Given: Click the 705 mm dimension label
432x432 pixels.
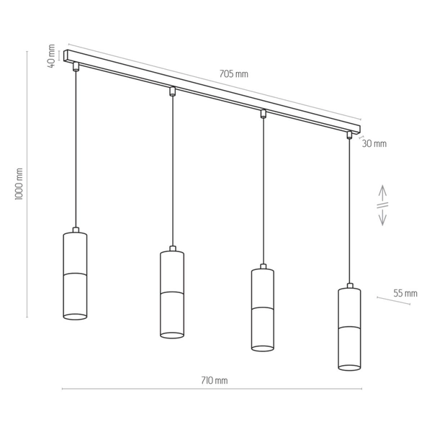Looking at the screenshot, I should coord(233,74).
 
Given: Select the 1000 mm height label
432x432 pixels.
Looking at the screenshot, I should coord(19,184).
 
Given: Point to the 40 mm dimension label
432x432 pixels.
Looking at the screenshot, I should coord(51,55).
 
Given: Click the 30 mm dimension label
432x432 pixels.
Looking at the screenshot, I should coord(374,143).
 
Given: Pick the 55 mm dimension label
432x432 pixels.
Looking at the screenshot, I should coord(405,293).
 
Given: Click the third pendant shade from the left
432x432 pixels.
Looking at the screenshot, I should coord(263,310).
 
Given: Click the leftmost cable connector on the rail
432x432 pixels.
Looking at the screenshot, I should coord(76,67).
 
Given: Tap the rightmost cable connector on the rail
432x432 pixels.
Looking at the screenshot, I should coord(350,135).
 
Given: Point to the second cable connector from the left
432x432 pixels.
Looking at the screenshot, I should coord(172,91).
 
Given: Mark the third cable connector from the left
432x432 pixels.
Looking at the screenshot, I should coord(263,114).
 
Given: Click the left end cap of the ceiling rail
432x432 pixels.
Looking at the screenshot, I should coord(66,55).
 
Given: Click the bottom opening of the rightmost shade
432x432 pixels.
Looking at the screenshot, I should coord(349,367).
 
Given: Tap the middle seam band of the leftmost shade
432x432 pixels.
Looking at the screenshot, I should coord(75,274).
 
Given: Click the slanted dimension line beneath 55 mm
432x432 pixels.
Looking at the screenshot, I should coord(392,300).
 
